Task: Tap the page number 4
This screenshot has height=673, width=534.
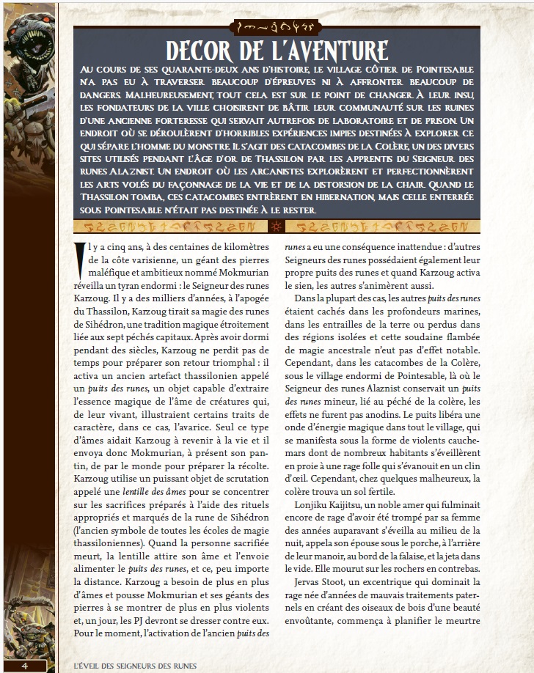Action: click(25, 665)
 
